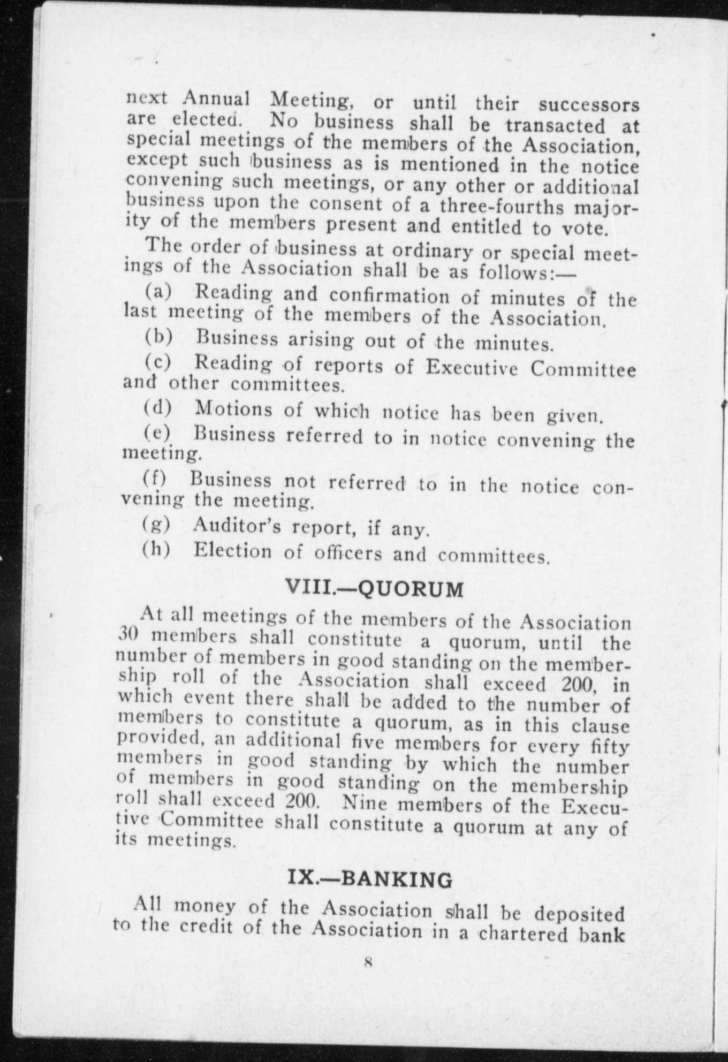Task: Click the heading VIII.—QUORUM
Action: point(375,589)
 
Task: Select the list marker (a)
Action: point(158,292)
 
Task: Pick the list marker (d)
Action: point(158,409)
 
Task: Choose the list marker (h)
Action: point(156,550)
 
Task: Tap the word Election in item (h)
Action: point(233,551)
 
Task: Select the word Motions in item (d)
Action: point(234,409)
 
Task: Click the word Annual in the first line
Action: point(216,98)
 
